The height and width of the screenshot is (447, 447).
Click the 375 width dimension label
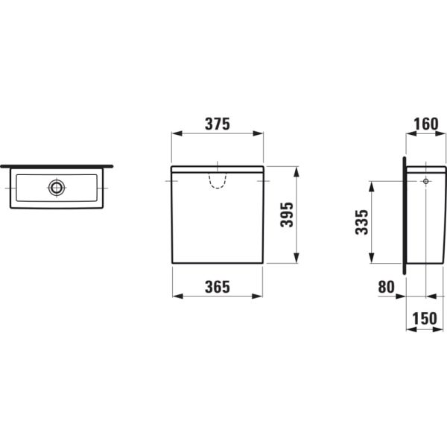coord(218,124)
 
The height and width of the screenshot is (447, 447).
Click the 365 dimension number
coord(218,287)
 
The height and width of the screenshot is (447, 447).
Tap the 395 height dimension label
coord(287,215)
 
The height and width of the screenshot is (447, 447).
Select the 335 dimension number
coord(362,222)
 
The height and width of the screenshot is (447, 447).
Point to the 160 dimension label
coord(426,124)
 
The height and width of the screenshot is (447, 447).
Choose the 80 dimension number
coord(386,287)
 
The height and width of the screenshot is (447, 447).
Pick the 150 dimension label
coord(425,318)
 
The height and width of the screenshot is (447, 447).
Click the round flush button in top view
coord(57,188)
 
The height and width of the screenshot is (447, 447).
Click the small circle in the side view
coord(426,181)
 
